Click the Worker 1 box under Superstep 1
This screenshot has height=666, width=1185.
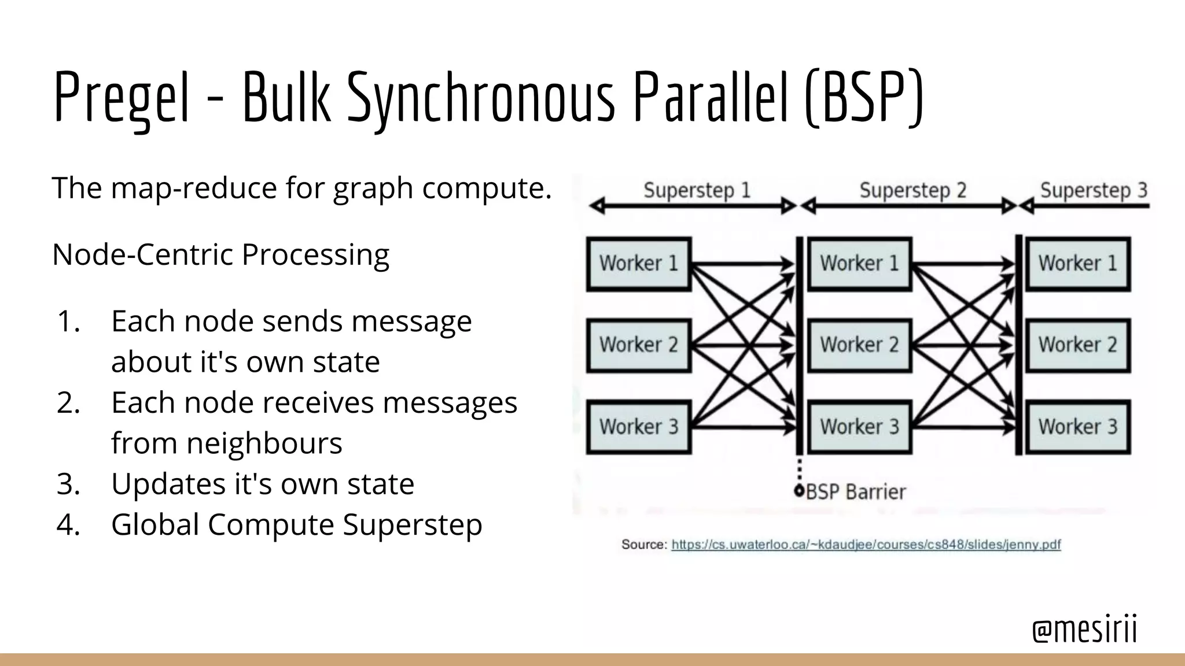639,264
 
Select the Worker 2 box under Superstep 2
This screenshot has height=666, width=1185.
859,345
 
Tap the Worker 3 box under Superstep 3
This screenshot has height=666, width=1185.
1078,427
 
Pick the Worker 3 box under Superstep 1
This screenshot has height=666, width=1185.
639,427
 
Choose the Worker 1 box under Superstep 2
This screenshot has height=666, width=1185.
859,264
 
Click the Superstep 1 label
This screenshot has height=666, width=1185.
697,190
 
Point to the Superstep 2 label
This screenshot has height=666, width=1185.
912,190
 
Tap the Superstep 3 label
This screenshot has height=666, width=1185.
1094,190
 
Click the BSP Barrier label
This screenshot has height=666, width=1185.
855,492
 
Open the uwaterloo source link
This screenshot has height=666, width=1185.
866,545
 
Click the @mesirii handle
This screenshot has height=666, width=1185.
1084,629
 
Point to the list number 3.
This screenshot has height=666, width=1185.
68,484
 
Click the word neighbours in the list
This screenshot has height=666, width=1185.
226,443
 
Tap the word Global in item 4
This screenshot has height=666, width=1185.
155,525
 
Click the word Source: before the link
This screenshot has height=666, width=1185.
644,545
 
